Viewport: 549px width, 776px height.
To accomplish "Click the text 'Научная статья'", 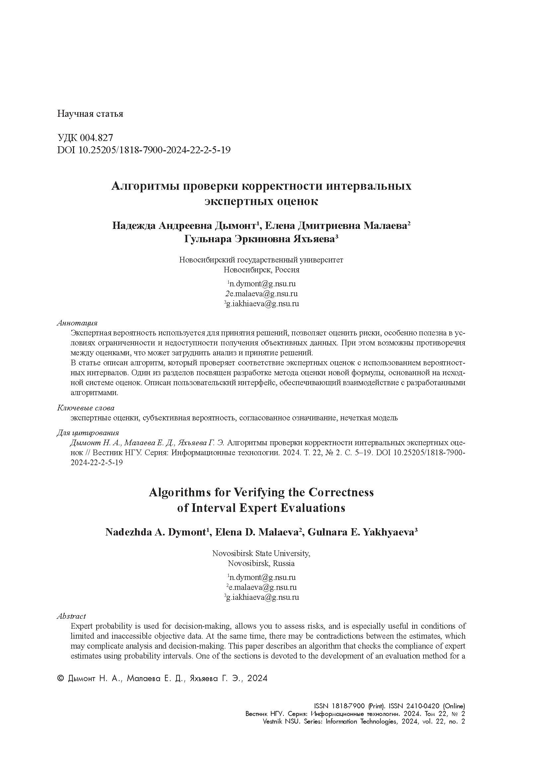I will click(x=90, y=113).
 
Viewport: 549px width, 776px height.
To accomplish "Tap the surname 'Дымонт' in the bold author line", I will click(x=235, y=225).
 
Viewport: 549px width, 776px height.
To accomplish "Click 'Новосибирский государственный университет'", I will click(x=261, y=260).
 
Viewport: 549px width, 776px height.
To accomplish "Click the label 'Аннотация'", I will click(x=77, y=323).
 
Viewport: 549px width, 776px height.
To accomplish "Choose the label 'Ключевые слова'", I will click(x=86, y=408).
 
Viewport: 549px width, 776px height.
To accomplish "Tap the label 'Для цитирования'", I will click(x=88, y=433).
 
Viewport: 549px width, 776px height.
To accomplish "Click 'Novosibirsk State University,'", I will click(x=261, y=553).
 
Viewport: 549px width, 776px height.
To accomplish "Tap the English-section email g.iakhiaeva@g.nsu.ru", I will click(x=262, y=597).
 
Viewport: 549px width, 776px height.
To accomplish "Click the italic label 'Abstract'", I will click(x=71, y=616).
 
